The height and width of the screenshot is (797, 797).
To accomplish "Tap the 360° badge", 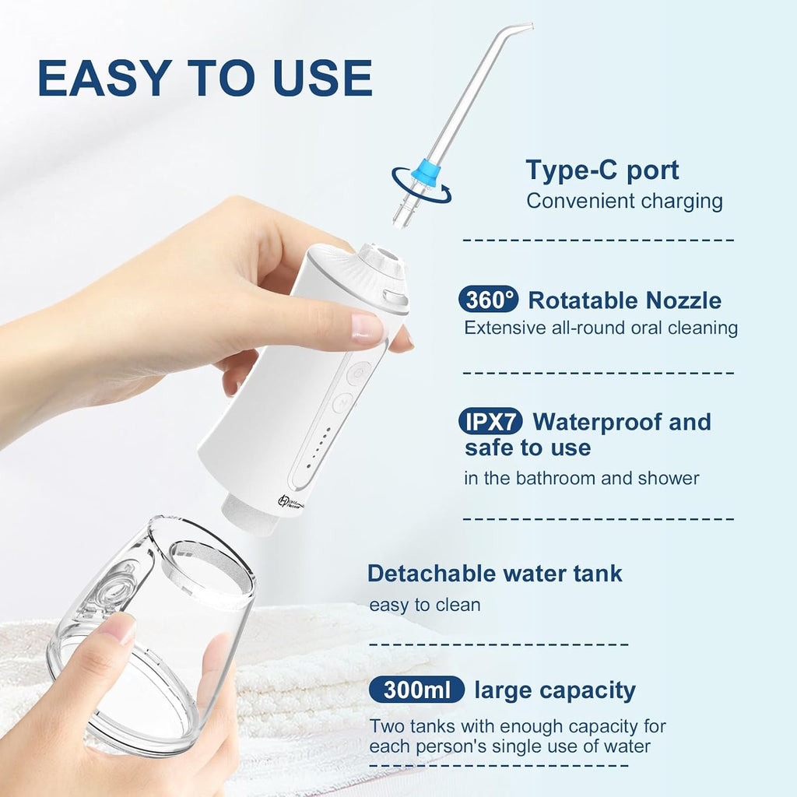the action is click(x=488, y=300).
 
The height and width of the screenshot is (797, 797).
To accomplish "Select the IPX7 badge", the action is click(x=490, y=421).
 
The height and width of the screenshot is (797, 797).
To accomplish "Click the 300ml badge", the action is click(x=417, y=690).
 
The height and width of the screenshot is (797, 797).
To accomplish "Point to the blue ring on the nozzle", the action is click(x=425, y=172).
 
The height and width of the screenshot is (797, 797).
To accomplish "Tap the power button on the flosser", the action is click(x=358, y=374).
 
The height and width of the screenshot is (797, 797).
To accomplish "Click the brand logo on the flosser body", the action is click(x=290, y=502).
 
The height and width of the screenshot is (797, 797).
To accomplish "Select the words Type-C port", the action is click(x=602, y=170).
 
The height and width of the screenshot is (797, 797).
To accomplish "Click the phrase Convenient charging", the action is click(x=624, y=201).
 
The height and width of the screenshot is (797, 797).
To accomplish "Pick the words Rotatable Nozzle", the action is click(x=625, y=300).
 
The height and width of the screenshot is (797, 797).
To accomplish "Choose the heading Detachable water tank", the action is click(x=494, y=574).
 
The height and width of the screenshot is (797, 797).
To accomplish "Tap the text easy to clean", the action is click(x=425, y=605).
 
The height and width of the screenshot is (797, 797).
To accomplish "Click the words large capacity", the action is click(x=555, y=691).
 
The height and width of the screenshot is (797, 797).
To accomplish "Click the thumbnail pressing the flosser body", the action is click(x=367, y=328).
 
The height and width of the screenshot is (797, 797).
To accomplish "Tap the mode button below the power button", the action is click(x=342, y=403).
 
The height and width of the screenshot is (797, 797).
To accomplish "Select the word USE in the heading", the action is click(x=322, y=78).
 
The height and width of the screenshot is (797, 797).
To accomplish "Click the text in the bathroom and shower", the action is click(x=581, y=479).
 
